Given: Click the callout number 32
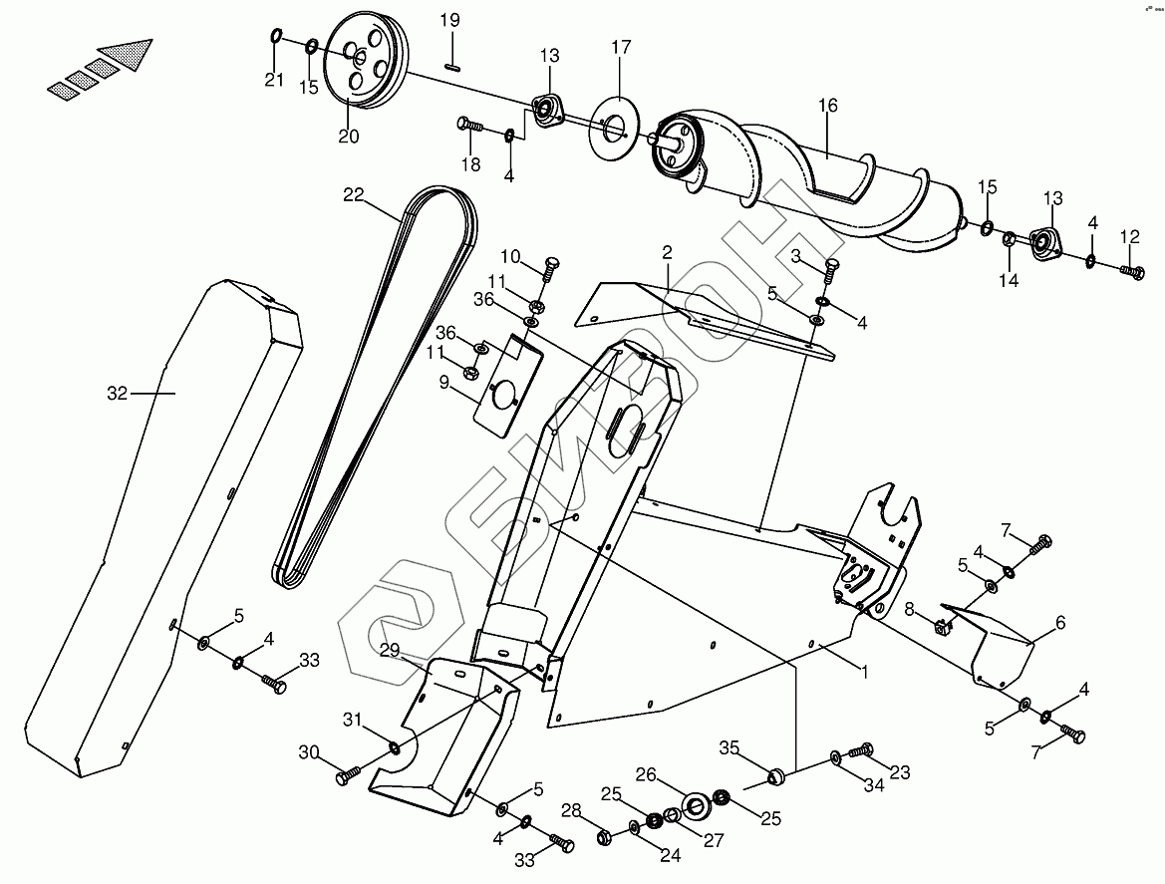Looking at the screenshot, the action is pos(118,394).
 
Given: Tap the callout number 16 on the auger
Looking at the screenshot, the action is pos(828,106).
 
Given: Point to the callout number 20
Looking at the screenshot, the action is pos(348,137).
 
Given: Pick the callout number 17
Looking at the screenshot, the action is pos(621,47).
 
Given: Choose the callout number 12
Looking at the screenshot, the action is pos(1129,236).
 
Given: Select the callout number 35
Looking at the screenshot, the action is pos(729,747).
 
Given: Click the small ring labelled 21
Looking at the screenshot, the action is pos(275,38).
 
